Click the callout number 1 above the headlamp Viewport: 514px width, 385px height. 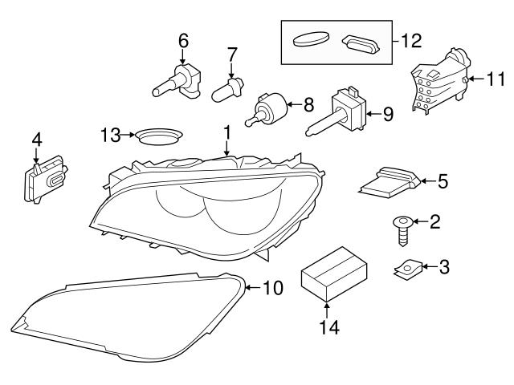pos(227,130)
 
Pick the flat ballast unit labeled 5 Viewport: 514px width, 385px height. pos(390,183)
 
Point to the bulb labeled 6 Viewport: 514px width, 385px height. pos(180,80)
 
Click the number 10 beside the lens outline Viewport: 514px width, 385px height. pos(273,287)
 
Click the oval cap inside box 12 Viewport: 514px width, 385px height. pos(311,37)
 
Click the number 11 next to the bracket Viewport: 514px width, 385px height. pos(496,79)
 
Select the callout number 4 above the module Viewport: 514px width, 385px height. pos(36,140)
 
